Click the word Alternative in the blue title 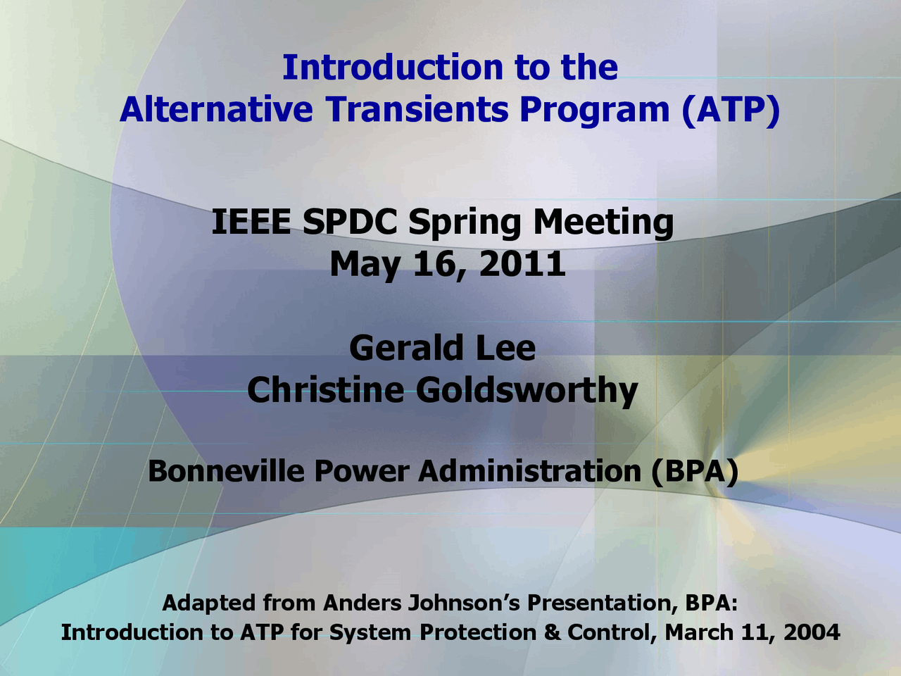(x=216, y=109)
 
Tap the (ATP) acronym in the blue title (x=731, y=110)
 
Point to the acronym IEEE (x=251, y=222)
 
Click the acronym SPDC (x=350, y=222)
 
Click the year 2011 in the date (x=522, y=264)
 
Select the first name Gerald (x=407, y=348)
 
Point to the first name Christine (x=325, y=389)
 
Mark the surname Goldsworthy (x=527, y=392)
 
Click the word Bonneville (x=226, y=471)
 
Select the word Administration (x=529, y=471)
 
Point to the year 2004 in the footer (x=812, y=632)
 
